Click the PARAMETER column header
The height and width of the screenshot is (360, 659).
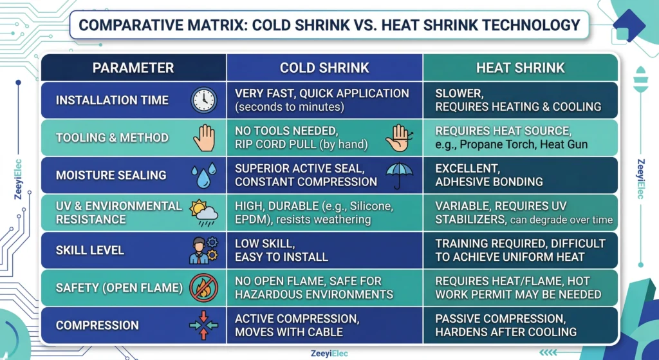133,68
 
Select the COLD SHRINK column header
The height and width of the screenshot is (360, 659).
324,68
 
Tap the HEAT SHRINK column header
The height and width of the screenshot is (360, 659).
520,68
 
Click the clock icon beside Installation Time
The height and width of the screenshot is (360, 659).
204,100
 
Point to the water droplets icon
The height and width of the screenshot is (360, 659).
204,175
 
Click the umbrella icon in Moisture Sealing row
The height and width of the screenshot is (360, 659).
399,175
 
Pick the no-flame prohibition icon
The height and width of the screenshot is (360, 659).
204,288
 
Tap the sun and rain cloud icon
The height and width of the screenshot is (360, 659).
203,212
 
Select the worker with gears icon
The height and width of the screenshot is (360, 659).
203,250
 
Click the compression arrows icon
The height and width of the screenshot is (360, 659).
204,325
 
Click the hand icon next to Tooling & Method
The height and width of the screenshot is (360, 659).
204,138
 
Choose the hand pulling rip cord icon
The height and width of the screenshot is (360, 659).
399,137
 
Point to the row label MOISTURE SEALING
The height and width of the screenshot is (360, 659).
111,175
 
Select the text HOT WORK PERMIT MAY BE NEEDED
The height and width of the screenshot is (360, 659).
518,294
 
